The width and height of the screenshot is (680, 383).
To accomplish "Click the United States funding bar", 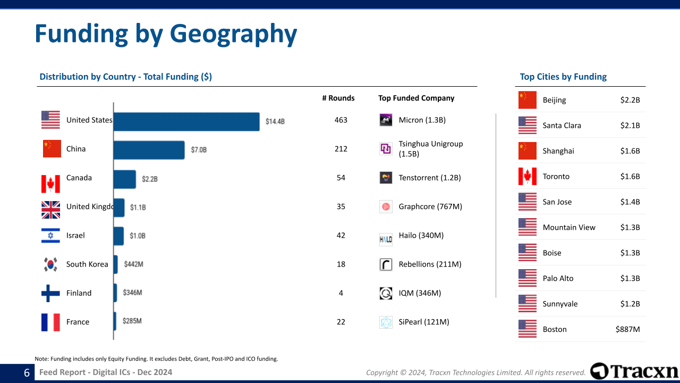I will (186, 121).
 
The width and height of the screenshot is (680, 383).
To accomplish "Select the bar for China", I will (149, 150).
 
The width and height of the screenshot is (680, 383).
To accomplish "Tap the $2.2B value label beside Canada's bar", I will (149, 179).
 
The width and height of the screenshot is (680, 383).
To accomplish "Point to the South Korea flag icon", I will (50, 264).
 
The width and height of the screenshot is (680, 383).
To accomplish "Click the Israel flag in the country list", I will (50, 236).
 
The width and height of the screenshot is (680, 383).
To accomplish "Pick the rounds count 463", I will (341, 120).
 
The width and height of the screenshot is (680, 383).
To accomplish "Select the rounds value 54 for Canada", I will (341, 178).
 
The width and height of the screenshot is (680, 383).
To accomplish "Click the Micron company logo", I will (386, 120).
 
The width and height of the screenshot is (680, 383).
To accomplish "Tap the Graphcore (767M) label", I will (430, 206).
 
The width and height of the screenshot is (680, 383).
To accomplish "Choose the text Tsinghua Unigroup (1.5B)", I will (430, 149).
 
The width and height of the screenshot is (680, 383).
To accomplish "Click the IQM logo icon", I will (386, 293).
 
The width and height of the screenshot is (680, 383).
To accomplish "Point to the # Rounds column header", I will (338, 98).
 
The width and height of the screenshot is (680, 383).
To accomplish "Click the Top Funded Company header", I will (416, 98).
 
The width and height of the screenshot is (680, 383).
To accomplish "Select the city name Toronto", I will (556, 177).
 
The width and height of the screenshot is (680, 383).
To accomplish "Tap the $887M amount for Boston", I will (627, 330).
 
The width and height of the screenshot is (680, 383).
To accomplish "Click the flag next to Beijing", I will (528, 100).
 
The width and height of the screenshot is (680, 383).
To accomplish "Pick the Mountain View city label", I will (569, 228).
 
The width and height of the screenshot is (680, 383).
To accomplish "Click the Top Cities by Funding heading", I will (563, 77).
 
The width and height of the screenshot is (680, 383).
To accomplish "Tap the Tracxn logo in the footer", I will (634, 371).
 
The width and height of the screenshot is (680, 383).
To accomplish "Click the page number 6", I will (27, 373).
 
